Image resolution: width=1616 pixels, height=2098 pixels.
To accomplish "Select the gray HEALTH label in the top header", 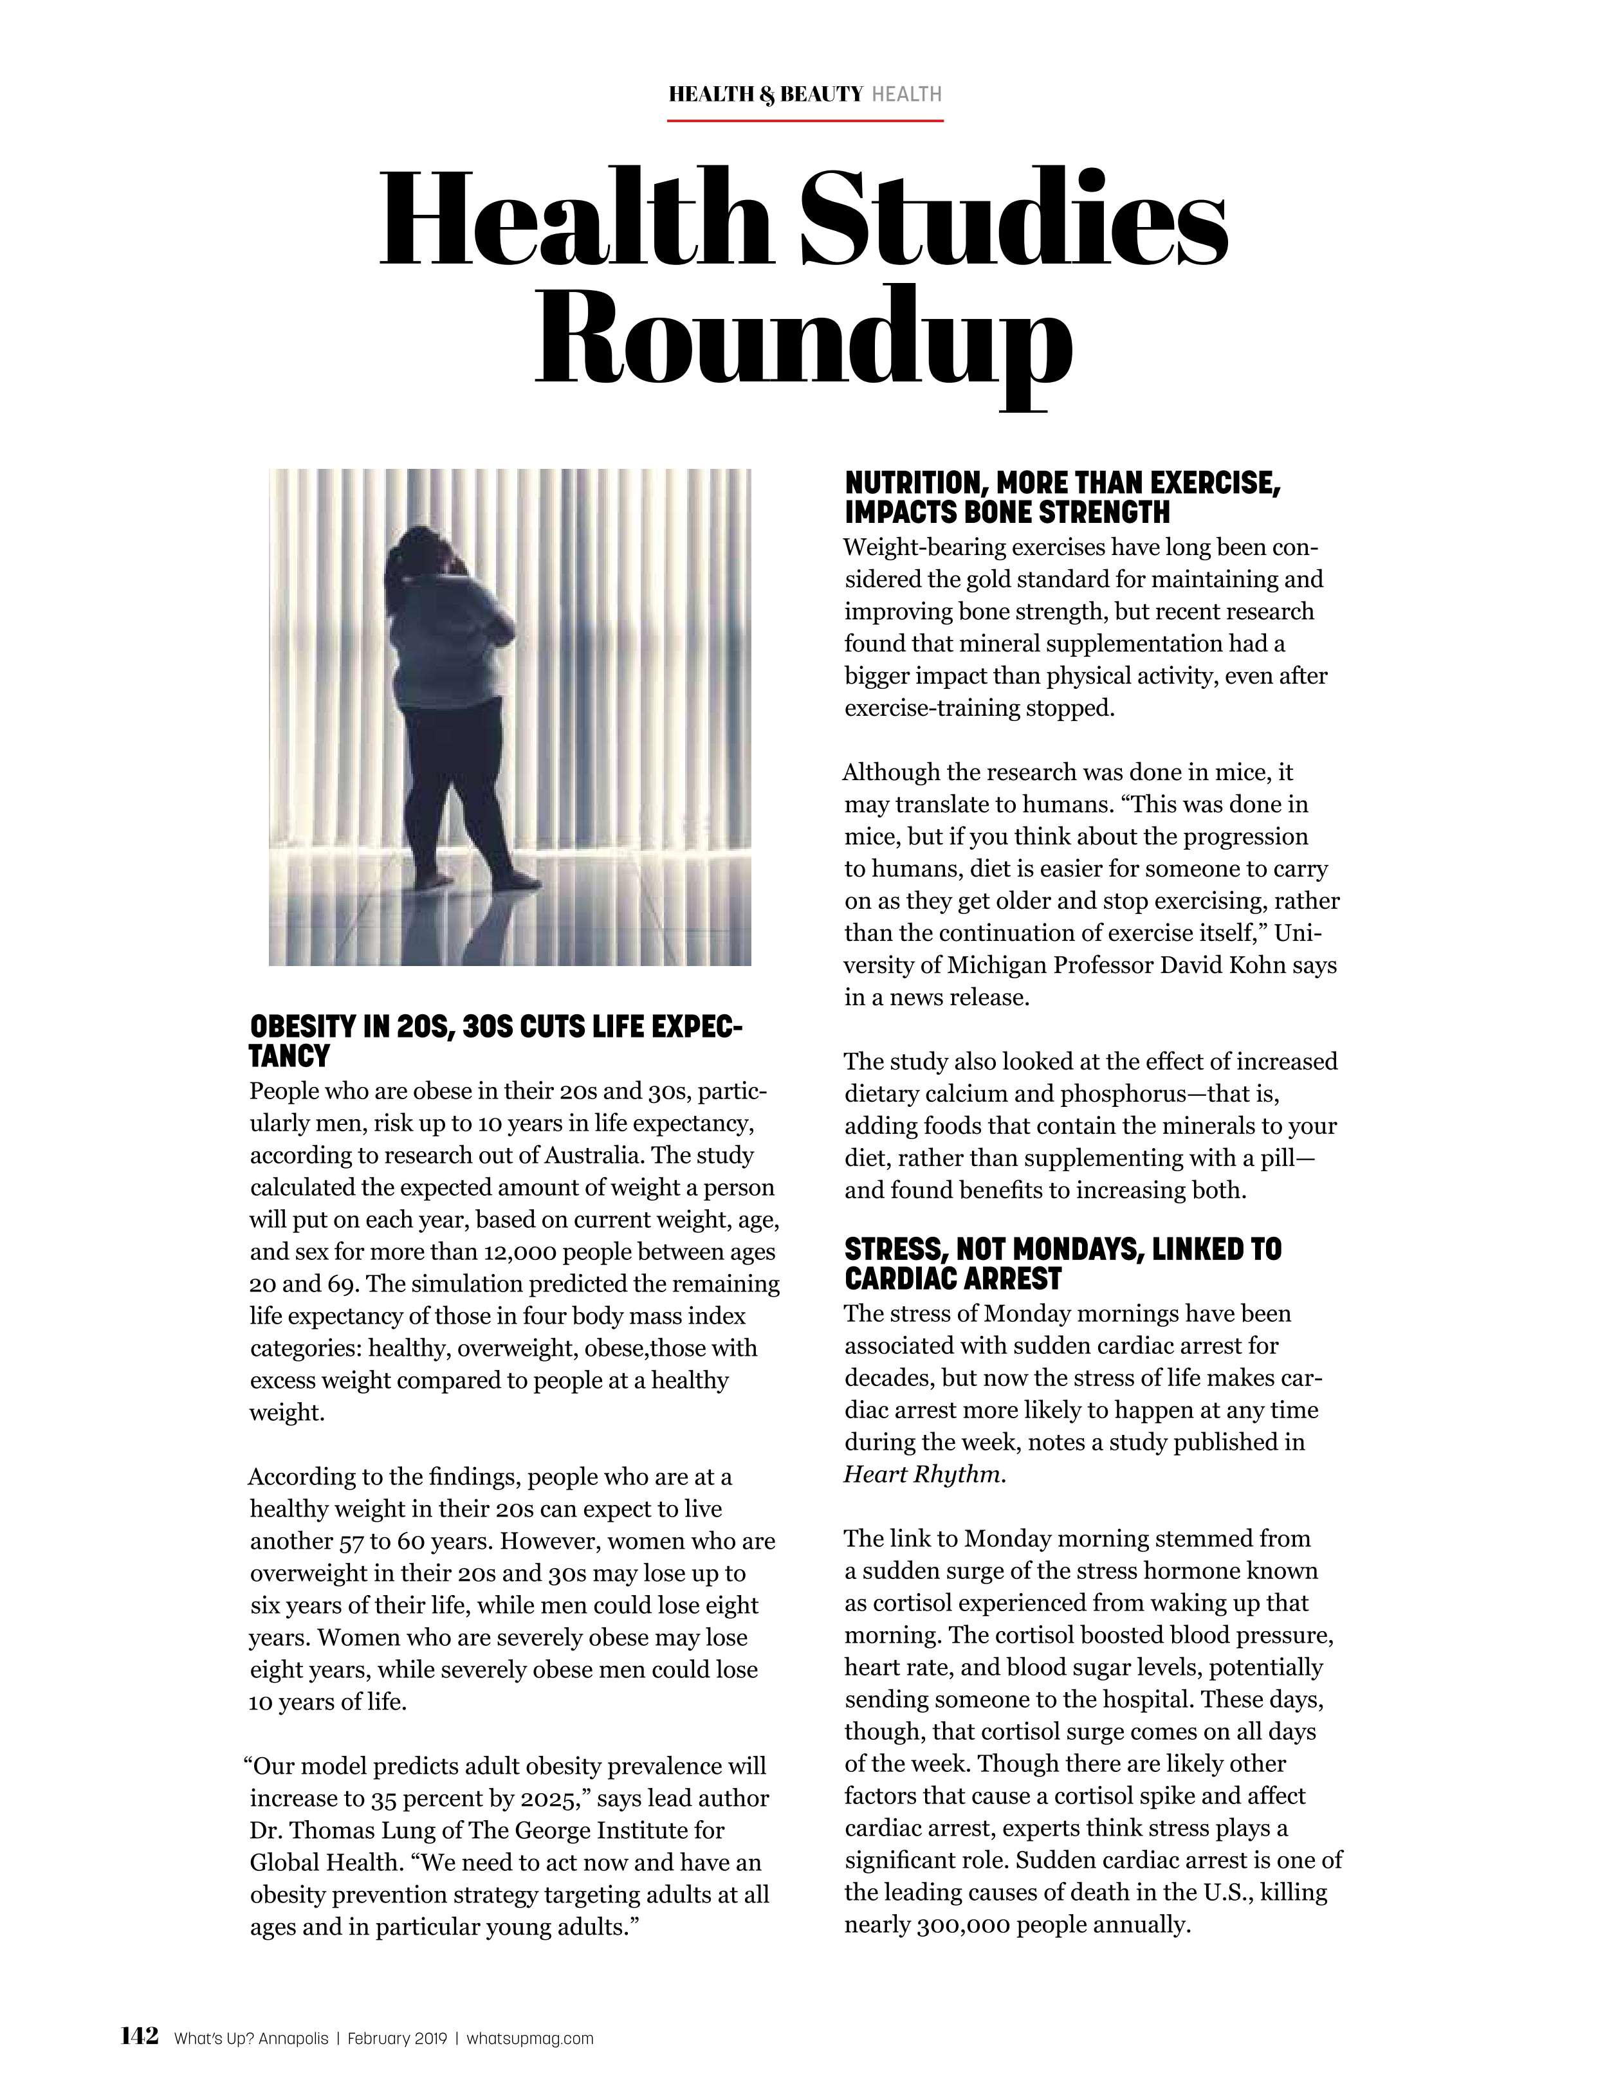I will (x=905, y=94).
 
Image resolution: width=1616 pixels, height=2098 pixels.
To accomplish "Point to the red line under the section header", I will (x=805, y=121).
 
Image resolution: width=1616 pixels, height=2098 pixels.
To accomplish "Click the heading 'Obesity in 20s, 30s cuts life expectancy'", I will (x=495, y=1041).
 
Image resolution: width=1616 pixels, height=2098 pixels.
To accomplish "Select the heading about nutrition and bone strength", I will (x=1061, y=497).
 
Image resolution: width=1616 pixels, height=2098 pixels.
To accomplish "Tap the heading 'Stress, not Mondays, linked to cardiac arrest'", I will (x=1061, y=1263).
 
